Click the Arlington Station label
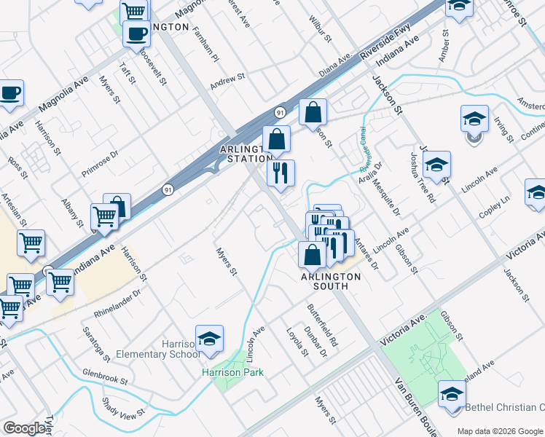(246, 154)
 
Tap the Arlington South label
(331, 281)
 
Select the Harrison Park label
(232, 372)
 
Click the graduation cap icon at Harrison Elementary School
(209, 339)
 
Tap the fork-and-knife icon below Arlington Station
(281, 173)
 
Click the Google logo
(25, 428)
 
